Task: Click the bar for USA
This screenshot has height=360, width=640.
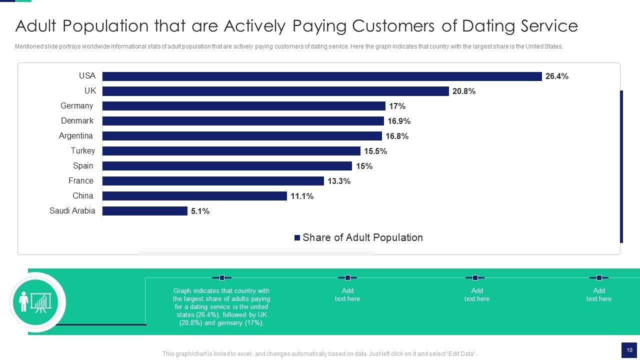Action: click(x=322, y=76)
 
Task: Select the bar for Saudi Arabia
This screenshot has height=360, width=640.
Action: click(x=144, y=211)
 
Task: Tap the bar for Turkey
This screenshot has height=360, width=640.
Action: click(x=231, y=151)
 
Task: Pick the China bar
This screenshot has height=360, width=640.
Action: click(x=194, y=196)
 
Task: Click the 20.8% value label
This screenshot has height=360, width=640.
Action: click(x=463, y=91)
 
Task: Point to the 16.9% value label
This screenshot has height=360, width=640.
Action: click(x=398, y=121)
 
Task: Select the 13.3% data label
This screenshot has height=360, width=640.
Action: click(x=338, y=181)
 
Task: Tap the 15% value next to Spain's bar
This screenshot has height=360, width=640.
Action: click(x=364, y=166)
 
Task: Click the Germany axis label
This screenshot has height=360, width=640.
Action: click(x=76, y=106)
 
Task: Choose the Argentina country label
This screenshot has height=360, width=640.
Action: click(x=75, y=136)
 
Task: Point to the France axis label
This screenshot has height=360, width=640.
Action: click(x=80, y=181)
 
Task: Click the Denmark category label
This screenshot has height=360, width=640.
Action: click(x=77, y=121)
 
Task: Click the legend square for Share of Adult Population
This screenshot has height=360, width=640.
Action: click(x=297, y=238)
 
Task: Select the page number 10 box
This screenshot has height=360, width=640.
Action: click(x=629, y=350)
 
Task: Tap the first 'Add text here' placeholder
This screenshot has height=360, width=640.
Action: click(x=347, y=294)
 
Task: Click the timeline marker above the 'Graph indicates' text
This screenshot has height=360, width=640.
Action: click(x=221, y=277)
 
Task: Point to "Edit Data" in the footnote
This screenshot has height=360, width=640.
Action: click(x=459, y=354)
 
